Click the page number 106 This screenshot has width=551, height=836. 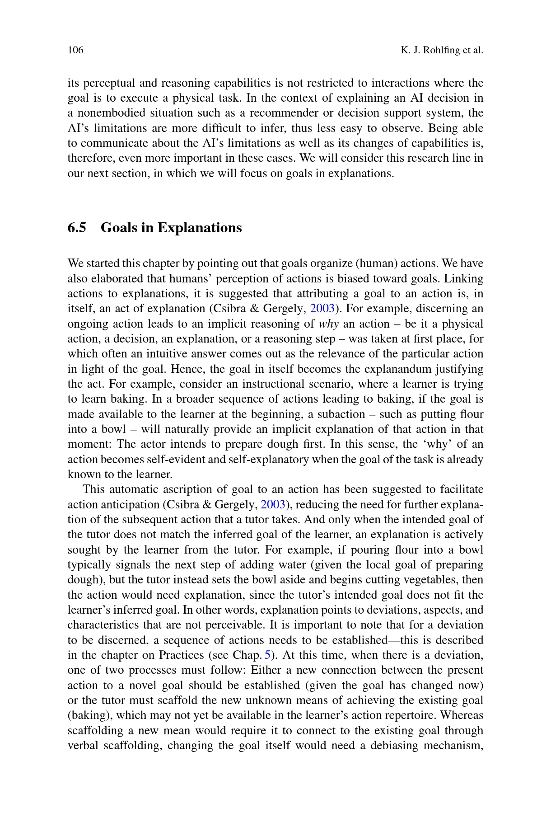75,50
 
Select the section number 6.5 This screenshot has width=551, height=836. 77,227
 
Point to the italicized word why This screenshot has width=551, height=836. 329,324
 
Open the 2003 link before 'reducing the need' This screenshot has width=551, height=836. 272,504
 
